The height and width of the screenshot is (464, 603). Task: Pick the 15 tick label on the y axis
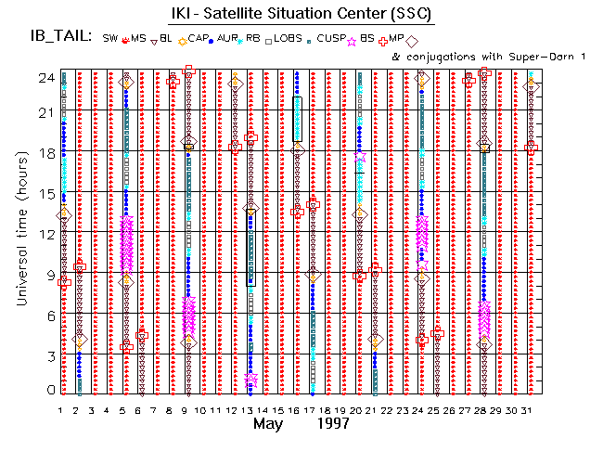coord(45,194)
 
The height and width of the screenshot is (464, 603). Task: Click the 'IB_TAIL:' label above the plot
coord(61,37)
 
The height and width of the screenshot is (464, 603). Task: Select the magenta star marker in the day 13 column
coord(250,380)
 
